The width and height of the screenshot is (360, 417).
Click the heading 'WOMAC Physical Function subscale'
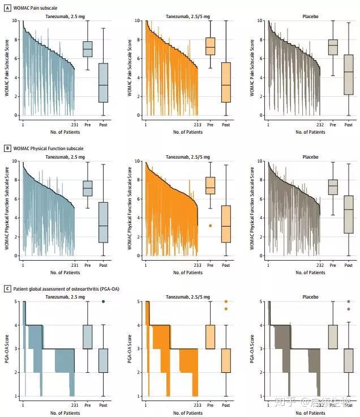point(48,148)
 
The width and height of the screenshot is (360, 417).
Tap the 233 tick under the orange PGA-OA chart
point(197,406)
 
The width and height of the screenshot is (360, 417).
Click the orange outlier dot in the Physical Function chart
point(211,225)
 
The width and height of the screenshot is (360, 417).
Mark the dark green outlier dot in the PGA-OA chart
point(103,301)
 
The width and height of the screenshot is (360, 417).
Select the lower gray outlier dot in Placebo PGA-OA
point(349,309)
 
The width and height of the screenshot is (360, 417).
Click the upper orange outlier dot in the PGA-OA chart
point(226,301)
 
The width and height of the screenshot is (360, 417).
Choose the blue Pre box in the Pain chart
point(88,49)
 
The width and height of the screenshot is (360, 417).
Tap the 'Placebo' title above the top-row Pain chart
point(310,16)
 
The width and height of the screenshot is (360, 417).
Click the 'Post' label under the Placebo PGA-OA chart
point(349,406)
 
